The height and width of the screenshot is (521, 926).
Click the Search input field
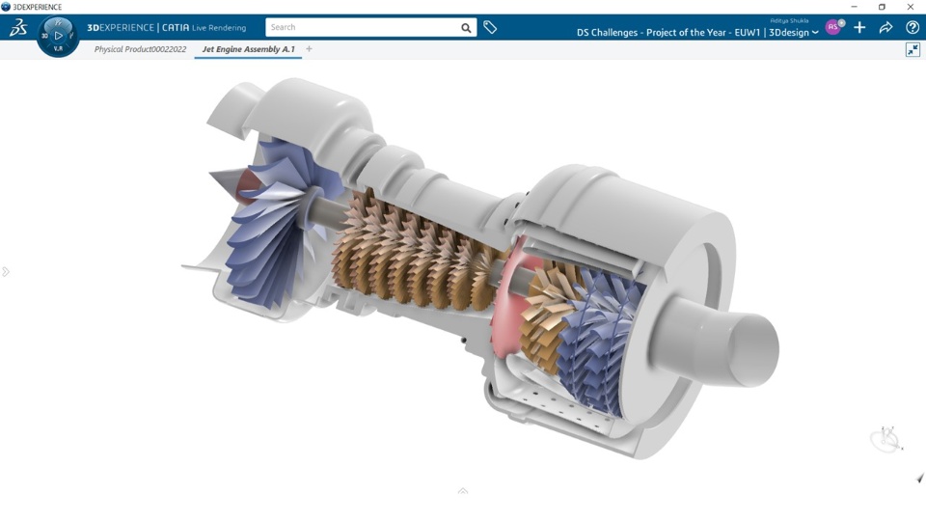click(363, 27)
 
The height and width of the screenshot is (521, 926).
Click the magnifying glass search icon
click(466, 28)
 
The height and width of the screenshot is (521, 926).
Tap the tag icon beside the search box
click(490, 27)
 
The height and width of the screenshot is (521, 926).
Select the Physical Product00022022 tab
click(140, 49)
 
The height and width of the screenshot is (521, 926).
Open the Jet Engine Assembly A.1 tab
click(248, 49)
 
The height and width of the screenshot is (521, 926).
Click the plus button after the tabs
click(309, 49)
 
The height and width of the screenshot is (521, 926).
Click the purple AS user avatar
click(832, 27)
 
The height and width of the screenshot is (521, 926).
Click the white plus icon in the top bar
click(859, 27)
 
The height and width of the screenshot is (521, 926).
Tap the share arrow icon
click(885, 27)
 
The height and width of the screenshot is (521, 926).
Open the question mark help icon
click(912, 27)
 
